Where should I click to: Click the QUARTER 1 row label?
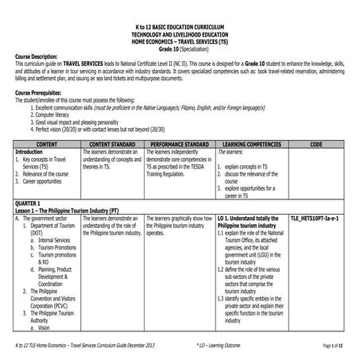coord(31,203)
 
